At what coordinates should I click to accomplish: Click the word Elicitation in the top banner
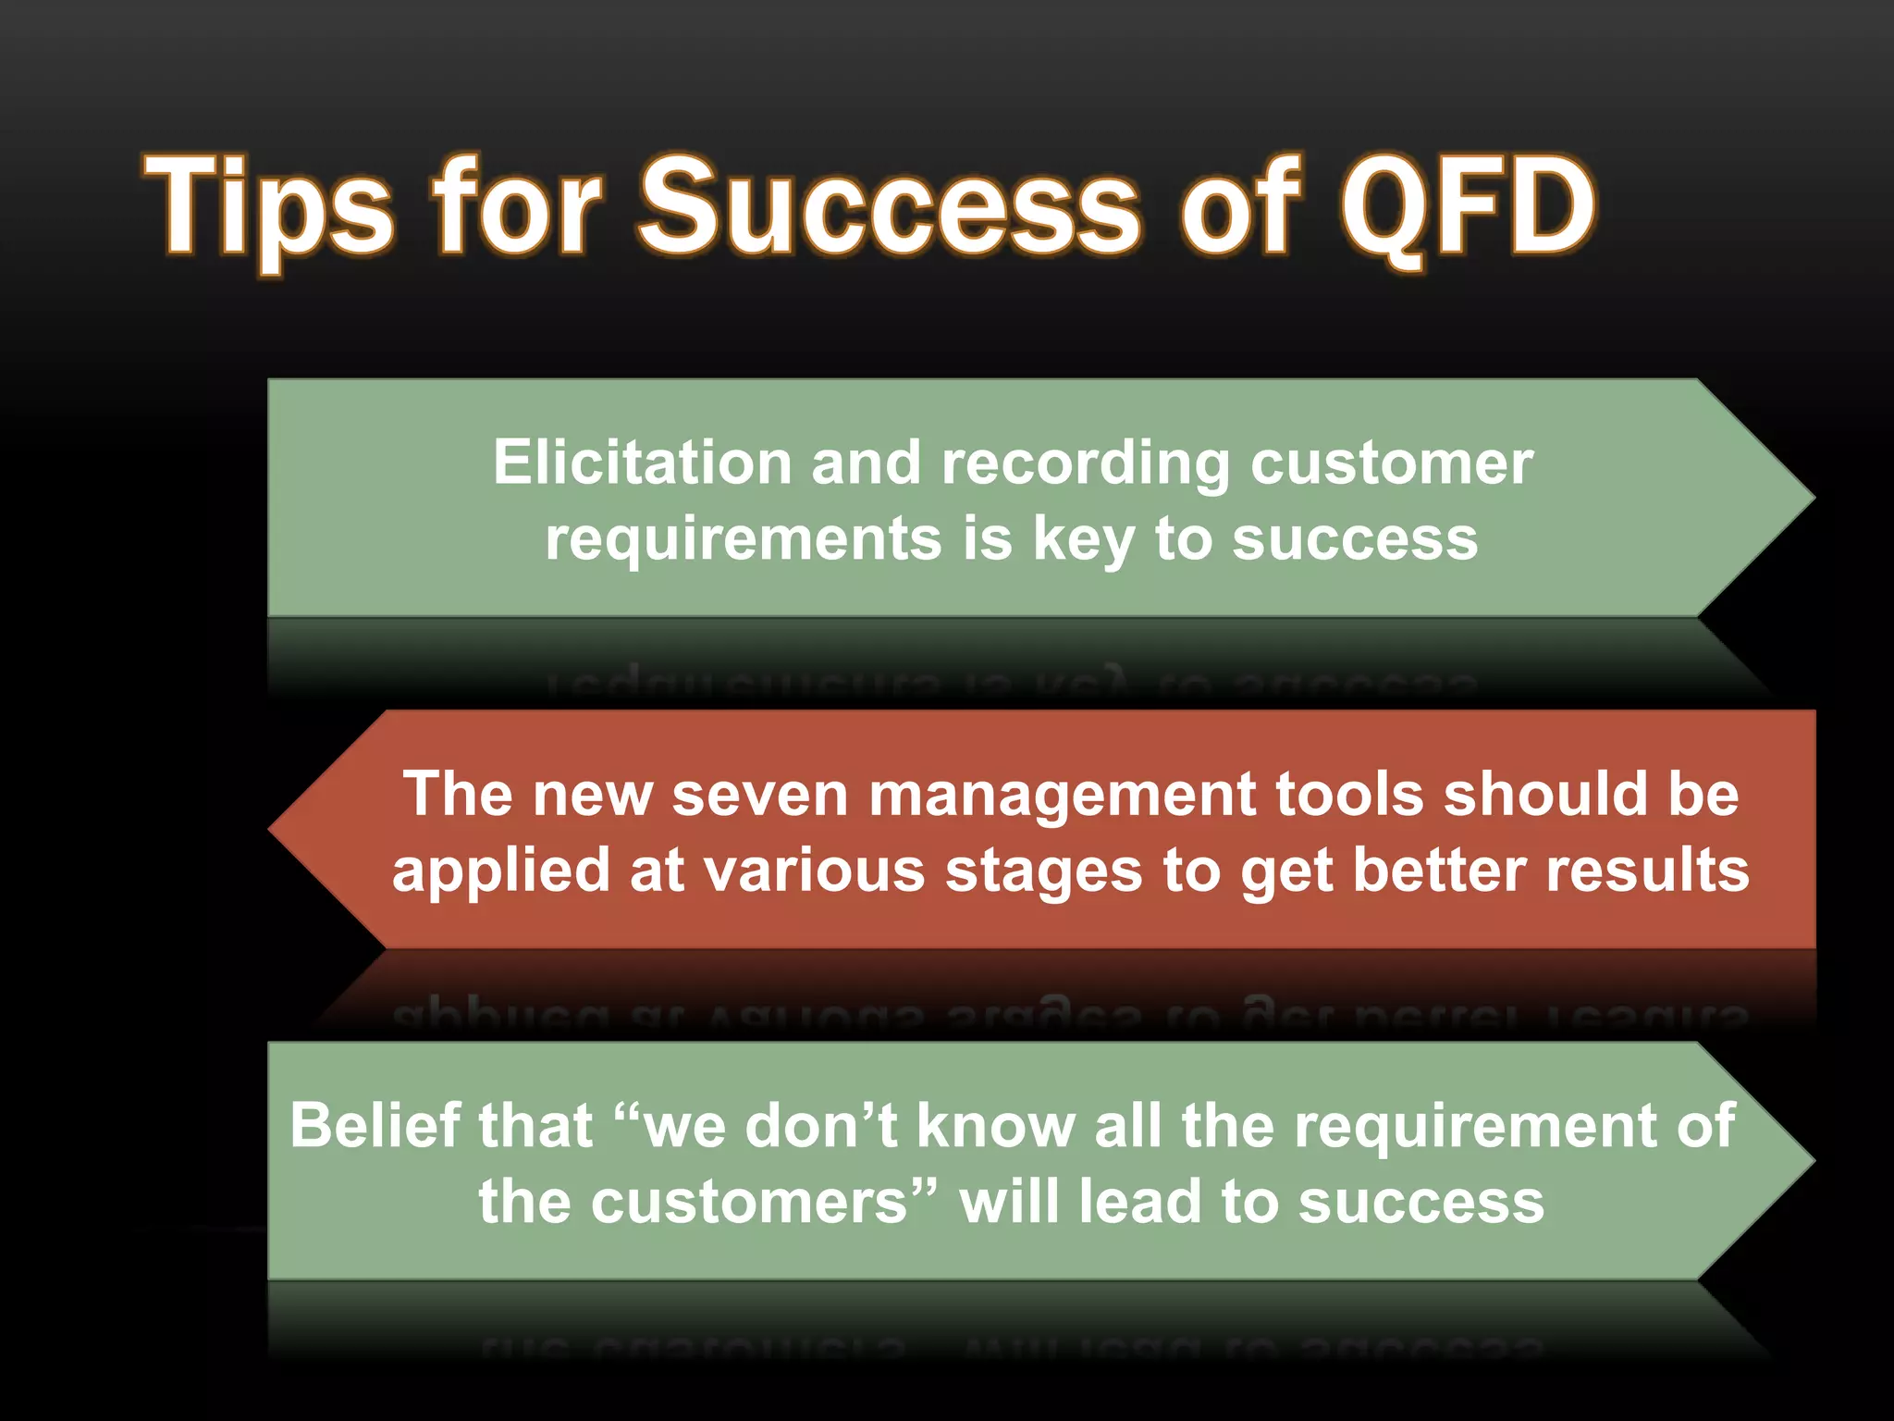pos(642,462)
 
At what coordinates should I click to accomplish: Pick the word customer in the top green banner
pos(1392,463)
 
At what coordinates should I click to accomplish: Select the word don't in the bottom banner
pos(821,1126)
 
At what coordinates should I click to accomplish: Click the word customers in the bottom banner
pos(749,1203)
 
